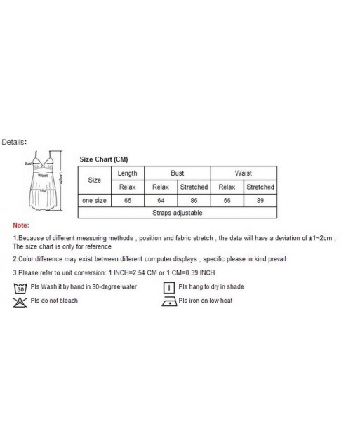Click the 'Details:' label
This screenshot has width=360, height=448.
[x=13, y=141]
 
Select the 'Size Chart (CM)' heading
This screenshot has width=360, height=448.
[x=104, y=159]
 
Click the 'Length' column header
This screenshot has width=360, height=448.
[x=127, y=173]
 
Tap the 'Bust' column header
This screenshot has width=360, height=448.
[x=177, y=173]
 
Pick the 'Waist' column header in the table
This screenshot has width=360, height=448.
[x=244, y=173]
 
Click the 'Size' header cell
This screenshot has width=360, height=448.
[x=94, y=180]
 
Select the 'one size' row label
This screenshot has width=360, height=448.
[x=94, y=200]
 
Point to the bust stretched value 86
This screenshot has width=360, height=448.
[x=193, y=200]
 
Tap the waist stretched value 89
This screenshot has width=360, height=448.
[x=260, y=200]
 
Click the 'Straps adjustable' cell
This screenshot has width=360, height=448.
[x=177, y=212]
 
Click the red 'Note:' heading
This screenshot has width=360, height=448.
[x=21, y=226]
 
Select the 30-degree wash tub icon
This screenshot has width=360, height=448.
[x=20, y=288]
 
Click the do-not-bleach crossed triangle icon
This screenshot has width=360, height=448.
[x=20, y=301]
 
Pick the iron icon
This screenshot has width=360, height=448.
[x=168, y=301]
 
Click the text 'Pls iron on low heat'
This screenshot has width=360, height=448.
[x=206, y=301]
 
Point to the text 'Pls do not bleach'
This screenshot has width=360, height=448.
[x=54, y=301]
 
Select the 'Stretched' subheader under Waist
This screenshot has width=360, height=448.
[x=260, y=187]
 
